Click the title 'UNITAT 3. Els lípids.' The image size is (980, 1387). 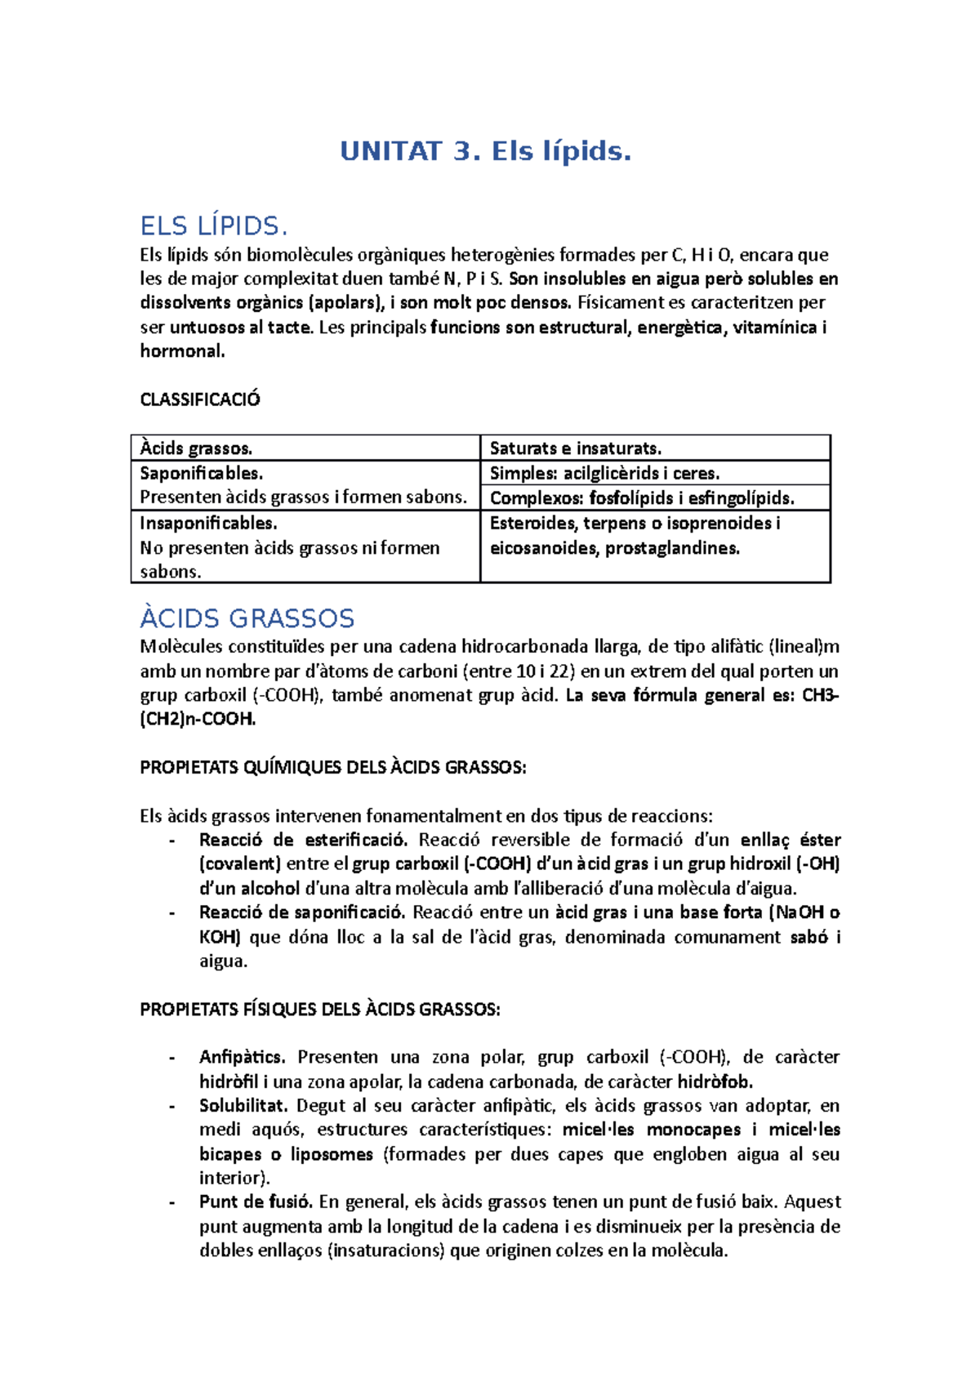[486, 151]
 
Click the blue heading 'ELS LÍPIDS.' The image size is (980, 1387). [214, 225]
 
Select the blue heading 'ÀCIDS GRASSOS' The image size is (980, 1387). [247, 618]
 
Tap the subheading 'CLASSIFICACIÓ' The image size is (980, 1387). [200, 399]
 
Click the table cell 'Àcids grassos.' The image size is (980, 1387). [196, 448]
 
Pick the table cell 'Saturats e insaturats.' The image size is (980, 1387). [575, 448]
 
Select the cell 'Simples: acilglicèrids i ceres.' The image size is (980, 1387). [604, 473]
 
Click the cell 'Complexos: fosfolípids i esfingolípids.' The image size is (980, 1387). [642, 497]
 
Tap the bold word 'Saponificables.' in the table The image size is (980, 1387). [201, 473]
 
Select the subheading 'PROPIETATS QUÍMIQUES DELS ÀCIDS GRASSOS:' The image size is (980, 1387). [333, 767]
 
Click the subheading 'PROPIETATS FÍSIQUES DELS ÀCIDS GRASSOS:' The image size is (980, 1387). [320, 1009]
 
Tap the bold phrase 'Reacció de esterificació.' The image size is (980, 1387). [302, 840]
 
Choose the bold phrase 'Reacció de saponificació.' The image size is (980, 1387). [302, 912]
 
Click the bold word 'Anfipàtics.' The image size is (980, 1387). [243, 1057]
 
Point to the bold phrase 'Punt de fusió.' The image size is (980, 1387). [256, 1202]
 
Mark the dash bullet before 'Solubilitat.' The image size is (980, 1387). [171, 1106]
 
